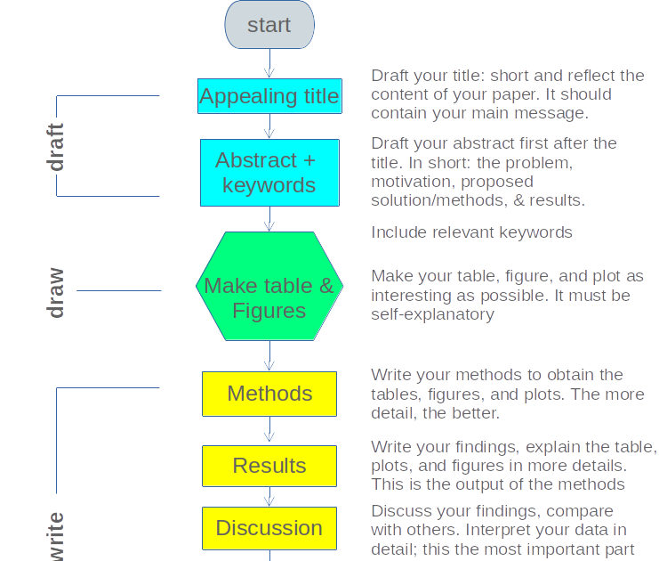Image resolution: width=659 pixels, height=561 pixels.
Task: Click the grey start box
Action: coord(269,25)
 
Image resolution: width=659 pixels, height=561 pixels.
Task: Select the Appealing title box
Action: coord(269,96)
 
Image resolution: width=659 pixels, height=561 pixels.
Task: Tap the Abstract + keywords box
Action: coord(269,173)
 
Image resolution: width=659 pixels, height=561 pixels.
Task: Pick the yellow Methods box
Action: coord(269,394)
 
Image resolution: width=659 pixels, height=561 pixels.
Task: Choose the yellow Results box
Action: coord(269,466)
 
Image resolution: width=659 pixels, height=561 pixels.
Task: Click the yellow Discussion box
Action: coord(269,528)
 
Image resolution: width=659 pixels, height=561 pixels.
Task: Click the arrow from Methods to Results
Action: coord(269,430)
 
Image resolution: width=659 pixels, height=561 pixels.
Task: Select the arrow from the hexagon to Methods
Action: coord(269,356)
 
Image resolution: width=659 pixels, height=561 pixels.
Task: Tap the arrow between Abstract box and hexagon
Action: coord(269,219)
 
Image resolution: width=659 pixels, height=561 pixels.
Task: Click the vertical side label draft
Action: coord(56,147)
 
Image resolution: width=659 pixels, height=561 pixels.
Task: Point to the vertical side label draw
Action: coord(56,292)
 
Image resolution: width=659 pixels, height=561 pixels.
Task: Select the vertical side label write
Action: coord(56,536)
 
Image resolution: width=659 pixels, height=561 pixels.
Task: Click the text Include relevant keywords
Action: coord(471,232)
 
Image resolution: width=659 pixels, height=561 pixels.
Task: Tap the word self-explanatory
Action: coord(432,314)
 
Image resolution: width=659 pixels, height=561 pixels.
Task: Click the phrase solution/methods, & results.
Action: coord(478,200)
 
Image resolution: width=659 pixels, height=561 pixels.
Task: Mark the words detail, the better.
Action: coord(436,413)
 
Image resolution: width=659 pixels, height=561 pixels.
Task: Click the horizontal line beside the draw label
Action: coord(118,290)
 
